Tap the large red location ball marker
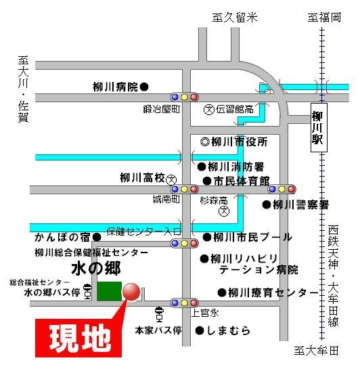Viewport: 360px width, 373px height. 131,291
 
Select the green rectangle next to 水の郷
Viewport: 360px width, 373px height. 109,291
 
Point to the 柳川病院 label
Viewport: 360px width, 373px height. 115,87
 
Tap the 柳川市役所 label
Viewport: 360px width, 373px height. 239,141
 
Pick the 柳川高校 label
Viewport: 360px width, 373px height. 142,179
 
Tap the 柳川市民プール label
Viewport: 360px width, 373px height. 252,237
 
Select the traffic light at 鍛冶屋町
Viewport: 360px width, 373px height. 183,97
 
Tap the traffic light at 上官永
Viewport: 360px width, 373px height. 183,303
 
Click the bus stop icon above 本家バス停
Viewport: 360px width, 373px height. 159,314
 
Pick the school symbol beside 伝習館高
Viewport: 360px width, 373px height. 210,109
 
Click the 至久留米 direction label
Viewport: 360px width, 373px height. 235,18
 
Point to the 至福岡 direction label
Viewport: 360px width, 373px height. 324,18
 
